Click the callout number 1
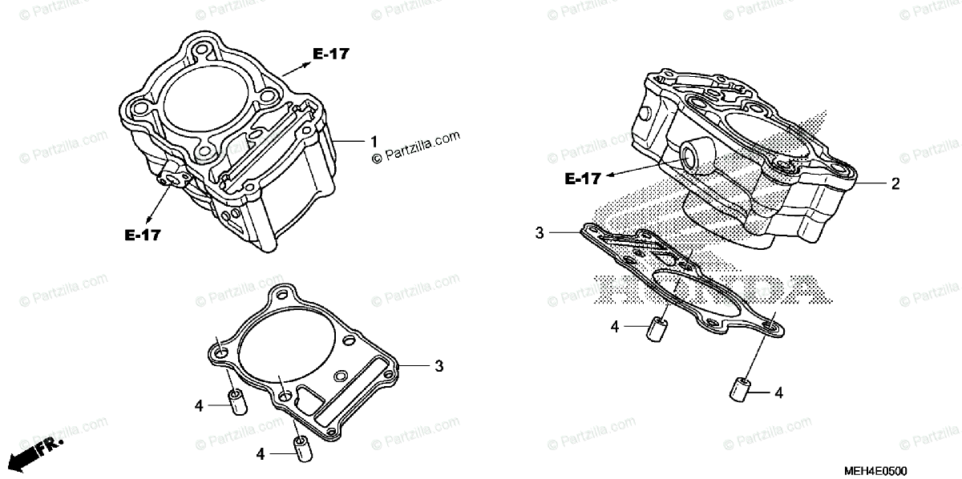point(374,141)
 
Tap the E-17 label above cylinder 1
point(331,54)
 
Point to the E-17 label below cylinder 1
point(143,235)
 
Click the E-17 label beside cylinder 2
point(583,179)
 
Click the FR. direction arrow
point(36,451)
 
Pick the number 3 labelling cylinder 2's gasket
point(540,233)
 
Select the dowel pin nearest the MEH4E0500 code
point(740,388)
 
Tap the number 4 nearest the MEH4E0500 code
point(778,392)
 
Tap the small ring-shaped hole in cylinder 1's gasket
point(342,375)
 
